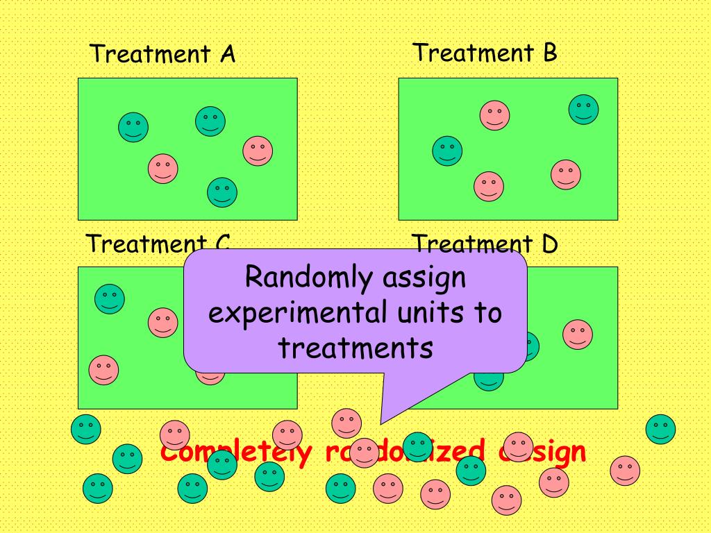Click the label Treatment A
pos(162,53)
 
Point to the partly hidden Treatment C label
pos(157,244)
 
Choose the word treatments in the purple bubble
pos(355,347)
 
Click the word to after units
pos(487,313)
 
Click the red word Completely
pos(236,452)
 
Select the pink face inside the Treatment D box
pos(577,335)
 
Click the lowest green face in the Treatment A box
pos(222,192)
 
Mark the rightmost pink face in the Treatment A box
pos(258,151)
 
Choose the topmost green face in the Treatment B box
pos(584,110)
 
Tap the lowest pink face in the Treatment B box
pos(489,186)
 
